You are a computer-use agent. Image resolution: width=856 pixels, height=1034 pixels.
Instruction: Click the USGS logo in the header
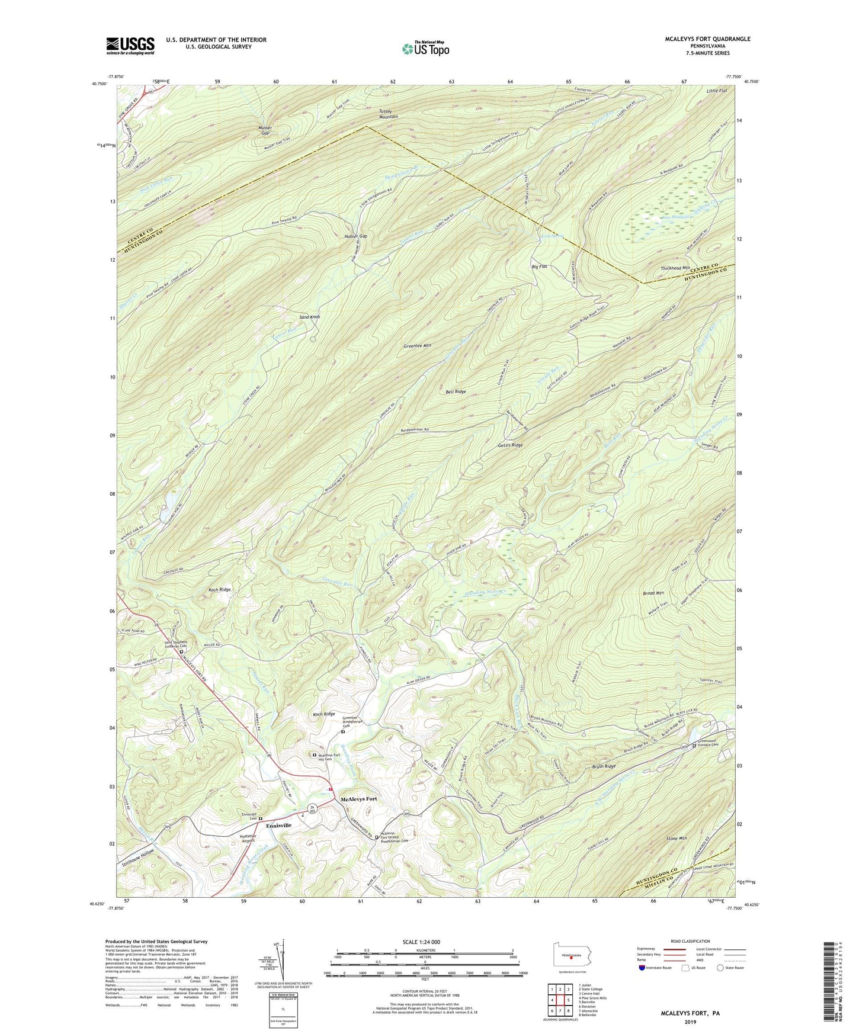130,46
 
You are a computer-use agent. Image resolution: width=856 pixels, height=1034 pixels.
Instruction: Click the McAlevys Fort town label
358,799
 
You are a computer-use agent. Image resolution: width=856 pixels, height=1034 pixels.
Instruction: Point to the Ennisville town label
278,825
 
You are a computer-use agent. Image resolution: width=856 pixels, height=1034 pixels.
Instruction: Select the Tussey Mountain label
389,114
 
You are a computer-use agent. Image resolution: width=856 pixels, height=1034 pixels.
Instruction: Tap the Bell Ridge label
456,391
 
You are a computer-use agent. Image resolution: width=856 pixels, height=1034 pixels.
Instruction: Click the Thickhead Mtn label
675,268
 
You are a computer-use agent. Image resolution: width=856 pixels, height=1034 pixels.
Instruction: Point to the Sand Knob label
309,317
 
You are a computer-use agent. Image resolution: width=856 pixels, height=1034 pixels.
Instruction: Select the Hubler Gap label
355,236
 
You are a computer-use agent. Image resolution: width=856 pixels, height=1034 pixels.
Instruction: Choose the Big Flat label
539,267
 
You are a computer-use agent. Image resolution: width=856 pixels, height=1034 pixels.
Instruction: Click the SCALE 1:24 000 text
421,942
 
